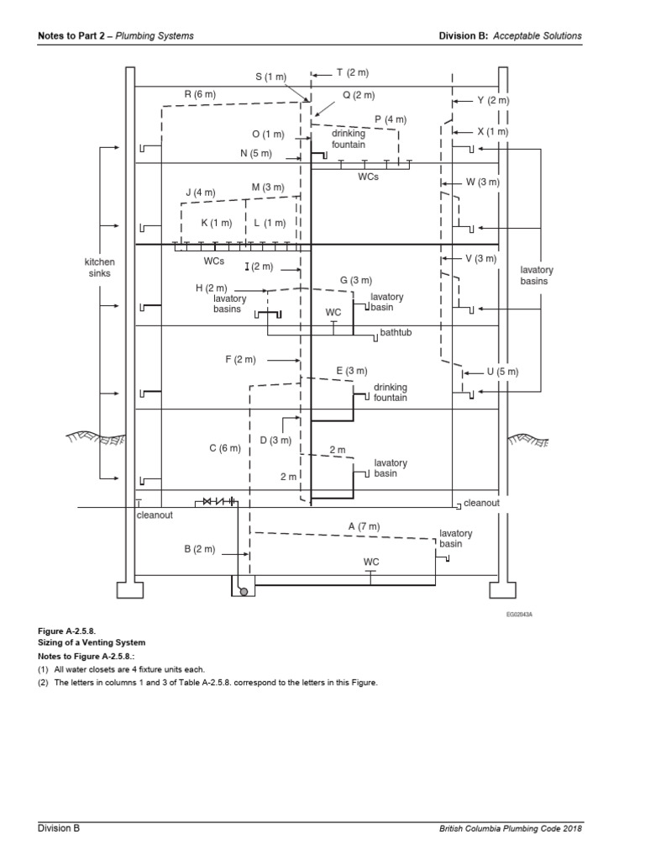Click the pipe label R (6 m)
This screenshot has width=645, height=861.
[x=200, y=94]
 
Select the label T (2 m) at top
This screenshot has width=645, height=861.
[x=352, y=73]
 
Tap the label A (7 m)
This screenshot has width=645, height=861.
[x=364, y=526]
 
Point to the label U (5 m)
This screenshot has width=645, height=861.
[x=502, y=371]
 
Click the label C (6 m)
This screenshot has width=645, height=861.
[x=224, y=449]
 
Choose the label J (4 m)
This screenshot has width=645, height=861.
[x=200, y=193]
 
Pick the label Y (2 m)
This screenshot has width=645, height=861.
[x=493, y=100]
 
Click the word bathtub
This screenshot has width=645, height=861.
[x=397, y=333]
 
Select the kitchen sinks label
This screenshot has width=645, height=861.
[x=100, y=268]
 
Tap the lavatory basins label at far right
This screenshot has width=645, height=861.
[x=533, y=275]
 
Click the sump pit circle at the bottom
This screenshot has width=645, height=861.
[x=244, y=591]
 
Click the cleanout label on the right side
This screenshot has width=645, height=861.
[x=481, y=503]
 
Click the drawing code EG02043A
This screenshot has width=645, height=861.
[x=519, y=615]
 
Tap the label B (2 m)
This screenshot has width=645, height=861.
[x=200, y=549]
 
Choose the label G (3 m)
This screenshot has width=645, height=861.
[x=355, y=280]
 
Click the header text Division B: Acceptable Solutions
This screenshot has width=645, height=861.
[x=510, y=36]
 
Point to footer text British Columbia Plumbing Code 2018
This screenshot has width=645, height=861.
[x=510, y=828]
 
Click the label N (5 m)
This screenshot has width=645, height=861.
[x=256, y=153]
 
